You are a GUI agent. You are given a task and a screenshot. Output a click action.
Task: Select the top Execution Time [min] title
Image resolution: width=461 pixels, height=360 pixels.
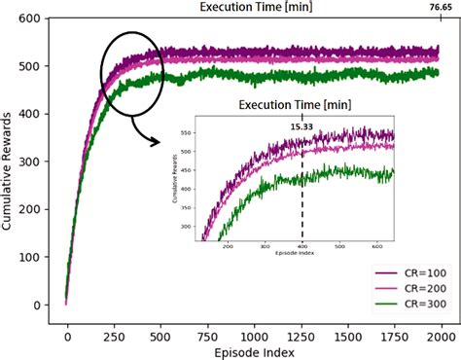click(x=253, y=7)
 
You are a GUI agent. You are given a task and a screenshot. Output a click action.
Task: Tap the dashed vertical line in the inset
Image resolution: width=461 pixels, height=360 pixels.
click(x=301, y=195)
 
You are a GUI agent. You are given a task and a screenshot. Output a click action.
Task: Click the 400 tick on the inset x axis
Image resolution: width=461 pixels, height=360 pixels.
click(x=301, y=247)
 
